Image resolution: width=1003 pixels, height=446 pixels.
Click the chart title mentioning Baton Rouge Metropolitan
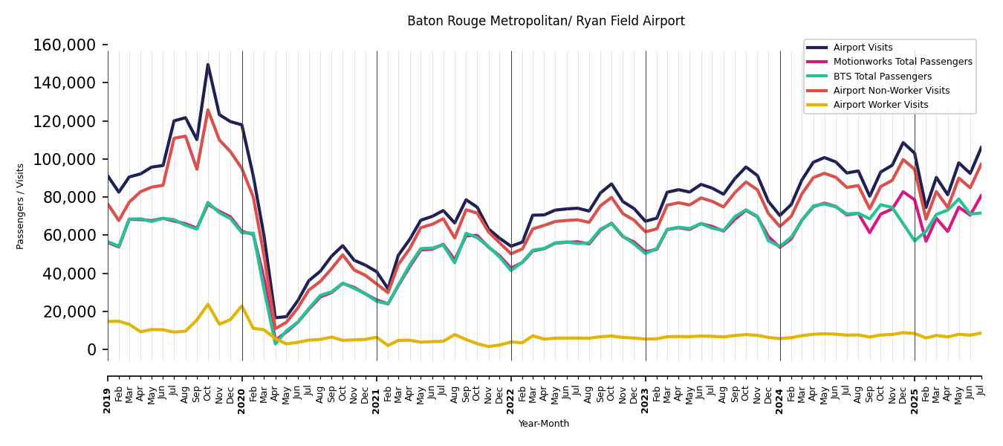click(545, 22)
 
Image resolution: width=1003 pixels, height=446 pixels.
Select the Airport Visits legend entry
click(863, 48)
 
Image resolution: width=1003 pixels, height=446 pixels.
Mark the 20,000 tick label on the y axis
click(69, 311)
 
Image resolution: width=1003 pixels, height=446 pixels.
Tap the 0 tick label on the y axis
click(91, 349)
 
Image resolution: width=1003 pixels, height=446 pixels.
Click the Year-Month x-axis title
click(544, 424)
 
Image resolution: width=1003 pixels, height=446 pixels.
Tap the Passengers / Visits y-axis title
click(21, 206)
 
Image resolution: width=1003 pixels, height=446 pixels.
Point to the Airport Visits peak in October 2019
click(208, 65)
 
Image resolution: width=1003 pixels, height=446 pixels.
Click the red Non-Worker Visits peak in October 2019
click(208, 111)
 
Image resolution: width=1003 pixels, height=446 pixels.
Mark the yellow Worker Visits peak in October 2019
click(208, 304)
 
